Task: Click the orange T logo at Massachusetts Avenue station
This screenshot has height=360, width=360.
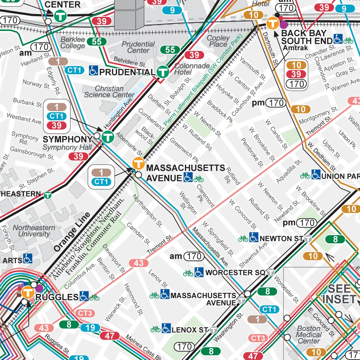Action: (139, 164)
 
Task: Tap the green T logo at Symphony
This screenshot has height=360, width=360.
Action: (108, 136)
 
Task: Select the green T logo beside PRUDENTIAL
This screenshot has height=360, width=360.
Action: (162, 72)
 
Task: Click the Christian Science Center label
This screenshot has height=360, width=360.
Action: (109, 92)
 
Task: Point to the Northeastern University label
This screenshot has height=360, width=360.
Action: (34, 231)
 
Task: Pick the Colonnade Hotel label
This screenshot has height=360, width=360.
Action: (187, 69)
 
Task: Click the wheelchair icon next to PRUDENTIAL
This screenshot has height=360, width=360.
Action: (93, 70)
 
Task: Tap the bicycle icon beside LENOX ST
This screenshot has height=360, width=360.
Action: (155, 329)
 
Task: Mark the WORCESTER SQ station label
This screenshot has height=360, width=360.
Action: (234, 272)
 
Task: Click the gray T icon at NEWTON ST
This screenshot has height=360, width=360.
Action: (308, 239)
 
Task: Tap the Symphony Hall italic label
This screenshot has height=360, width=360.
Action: (67, 147)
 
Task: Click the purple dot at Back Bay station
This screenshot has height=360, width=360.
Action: (283, 24)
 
